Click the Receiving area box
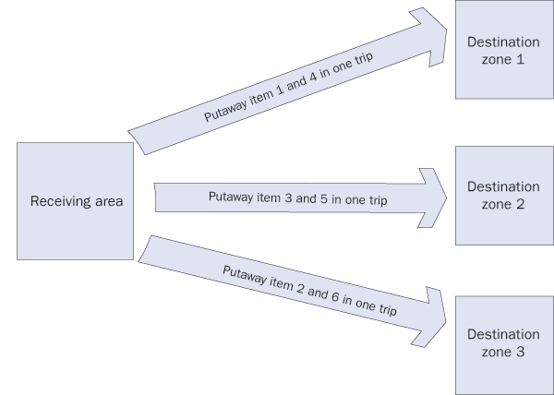click(75, 200)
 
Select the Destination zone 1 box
click(502, 51)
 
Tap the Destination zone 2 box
click(502, 195)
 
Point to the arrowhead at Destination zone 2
click(433, 195)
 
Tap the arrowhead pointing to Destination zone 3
click(433, 314)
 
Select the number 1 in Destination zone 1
click(520, 59)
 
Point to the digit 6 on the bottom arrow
click(333, 295)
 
